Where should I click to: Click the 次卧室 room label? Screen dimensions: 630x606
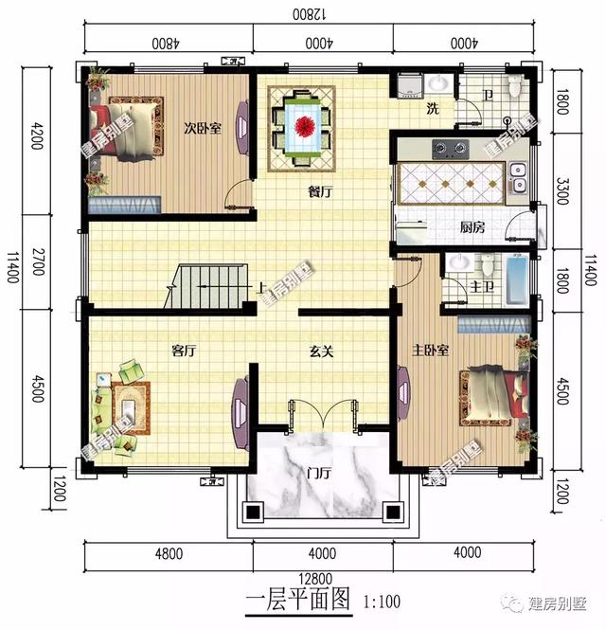[x=202, y=129]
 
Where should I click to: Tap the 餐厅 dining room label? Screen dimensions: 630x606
[x=320, y=191]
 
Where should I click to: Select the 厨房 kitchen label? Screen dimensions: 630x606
[x=472, y=227]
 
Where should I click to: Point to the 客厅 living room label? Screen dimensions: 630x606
[x=183, y=351]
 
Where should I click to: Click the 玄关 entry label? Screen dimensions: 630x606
[x=321, y=351]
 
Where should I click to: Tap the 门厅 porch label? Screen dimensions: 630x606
[x=319, y=474]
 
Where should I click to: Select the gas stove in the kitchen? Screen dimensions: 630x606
[x=450, y=149]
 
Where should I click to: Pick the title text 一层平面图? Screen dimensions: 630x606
[x=297, y=600]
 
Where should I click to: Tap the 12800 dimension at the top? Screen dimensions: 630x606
[x=313, y=13]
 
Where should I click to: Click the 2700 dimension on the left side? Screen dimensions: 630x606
[x=37, y=261]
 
